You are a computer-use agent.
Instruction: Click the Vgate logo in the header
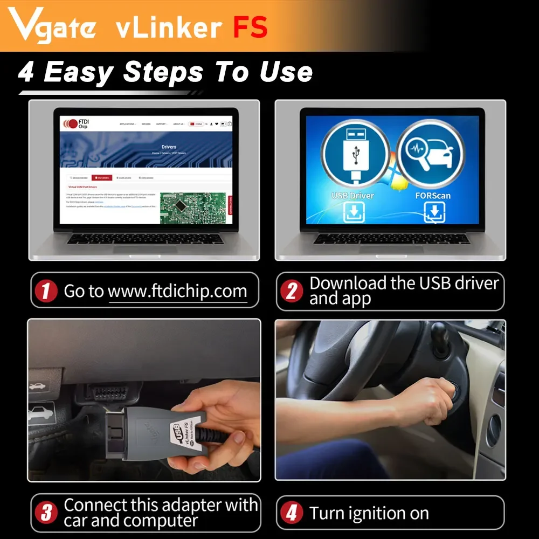(53, 26)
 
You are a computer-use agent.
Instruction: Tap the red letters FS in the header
(250, 27)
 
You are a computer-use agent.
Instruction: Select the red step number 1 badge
(46, 292)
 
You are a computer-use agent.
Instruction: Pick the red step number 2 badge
(292, 292)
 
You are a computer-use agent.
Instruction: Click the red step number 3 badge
(46, 513)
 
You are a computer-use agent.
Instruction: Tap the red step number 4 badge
(292, 513)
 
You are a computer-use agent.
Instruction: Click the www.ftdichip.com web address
(177, 292)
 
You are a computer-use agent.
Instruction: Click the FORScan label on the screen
(433, 195)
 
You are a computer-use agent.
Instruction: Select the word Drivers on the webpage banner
(169, 147)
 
